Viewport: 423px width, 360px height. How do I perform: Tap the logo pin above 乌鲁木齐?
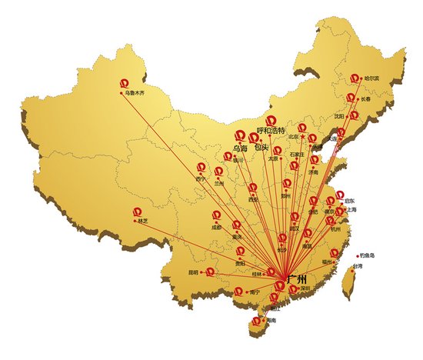(x=125, y=83)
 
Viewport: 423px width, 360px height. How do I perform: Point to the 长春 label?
(x=367, y=98)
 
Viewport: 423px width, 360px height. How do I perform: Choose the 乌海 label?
(x=239, y=148)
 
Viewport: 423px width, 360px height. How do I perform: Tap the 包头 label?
(x=261, y=147)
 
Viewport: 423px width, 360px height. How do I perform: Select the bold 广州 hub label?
(x=296, y=278)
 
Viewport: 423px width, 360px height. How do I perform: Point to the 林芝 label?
(x=143, y=222)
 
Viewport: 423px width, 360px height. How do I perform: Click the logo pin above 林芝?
(x=137, y=212)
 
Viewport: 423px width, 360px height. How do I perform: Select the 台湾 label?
(x=357, y=266)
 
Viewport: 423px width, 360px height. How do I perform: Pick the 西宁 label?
(x=202, y=178)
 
